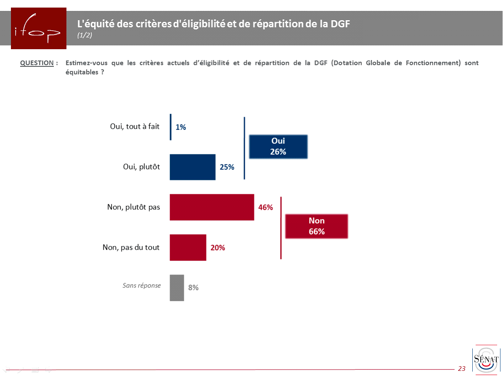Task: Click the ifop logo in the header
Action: coord(38,28)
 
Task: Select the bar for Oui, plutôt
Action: coord(193,167)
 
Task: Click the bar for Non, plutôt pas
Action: coord(212,207)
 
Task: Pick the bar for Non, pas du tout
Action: coord(188,248)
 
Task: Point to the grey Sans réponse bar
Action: coord(177,288)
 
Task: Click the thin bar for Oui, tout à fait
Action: coord(170,127)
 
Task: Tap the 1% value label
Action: coord(181,127)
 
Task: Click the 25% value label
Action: coord(227,167)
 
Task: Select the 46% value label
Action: coord(265,207)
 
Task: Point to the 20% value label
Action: coord(218,248)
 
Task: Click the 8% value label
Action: coord(193,288)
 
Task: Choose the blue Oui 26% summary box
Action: coord(278,146)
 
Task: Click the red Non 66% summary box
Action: coord(317,226)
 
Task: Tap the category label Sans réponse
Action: coord(142,285)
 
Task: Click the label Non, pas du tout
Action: coord(131,248)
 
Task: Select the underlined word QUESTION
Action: coord(37,63)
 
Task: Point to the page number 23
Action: coord(462,369)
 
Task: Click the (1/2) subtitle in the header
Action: coord(85,35)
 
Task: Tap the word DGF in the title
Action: coord(340,24)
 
